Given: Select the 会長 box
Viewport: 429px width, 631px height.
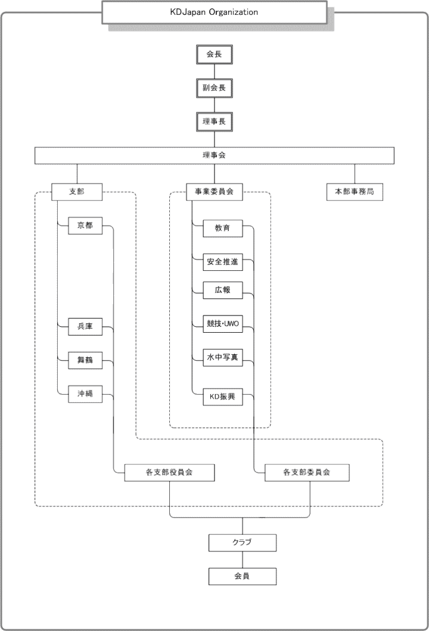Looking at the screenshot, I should click(x=214, y=54).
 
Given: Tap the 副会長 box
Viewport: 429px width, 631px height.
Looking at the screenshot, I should click(x=214, y=88).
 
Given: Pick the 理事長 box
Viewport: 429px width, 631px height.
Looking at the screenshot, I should click(x=214, y=122).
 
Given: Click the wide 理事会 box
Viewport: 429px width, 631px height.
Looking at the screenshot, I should click(x=214, y=155).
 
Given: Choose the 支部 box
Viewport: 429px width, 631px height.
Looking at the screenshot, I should click(x=77, y=191).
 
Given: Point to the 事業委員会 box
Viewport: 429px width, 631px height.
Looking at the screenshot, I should click(x=214, y=192).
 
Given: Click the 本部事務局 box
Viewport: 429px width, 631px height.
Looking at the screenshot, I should click(x=355, y=192).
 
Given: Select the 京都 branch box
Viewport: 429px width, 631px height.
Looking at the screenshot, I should click(x=85, y=226).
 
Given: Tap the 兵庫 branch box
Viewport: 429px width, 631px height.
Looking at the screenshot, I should click(x=85, y=326).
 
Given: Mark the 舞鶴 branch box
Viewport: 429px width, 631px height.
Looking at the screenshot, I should click(x=85, y=360).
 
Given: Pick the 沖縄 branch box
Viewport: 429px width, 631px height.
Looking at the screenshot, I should click(x=85, y=393).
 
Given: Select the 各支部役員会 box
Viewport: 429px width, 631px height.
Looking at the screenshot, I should click(x=169, y=473).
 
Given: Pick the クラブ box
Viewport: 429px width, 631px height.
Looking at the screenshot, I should click(x=243, y=543).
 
